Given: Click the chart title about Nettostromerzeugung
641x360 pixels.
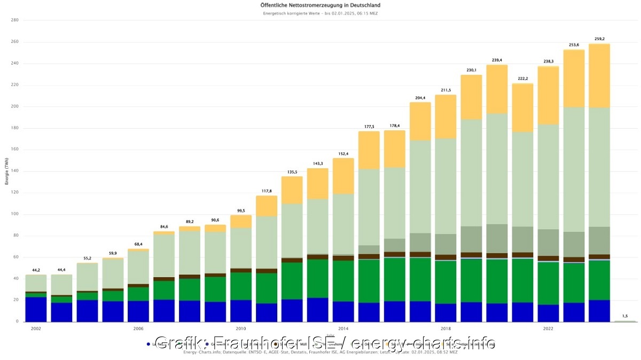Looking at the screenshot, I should coord(320,5).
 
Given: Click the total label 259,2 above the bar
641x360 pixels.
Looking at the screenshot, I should coord(599,39).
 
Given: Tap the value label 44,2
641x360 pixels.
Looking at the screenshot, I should coord(36,270).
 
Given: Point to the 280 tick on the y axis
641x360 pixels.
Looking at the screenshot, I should coord(14,20).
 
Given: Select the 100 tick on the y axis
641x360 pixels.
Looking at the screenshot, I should coord(14,214).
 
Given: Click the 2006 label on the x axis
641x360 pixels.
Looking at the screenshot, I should coord(138,329).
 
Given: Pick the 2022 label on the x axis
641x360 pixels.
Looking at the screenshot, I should coord(548,329).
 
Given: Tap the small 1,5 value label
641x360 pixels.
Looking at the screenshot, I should coord(625,316).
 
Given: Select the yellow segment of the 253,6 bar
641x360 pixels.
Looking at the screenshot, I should coord(574,79).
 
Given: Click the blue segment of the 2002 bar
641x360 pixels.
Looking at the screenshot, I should coord(36,309).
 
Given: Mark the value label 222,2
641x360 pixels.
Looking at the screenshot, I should coord(522,79).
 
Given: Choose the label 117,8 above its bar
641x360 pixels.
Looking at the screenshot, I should coord(267,191).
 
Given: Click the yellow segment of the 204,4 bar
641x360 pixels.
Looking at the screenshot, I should coord(420,121).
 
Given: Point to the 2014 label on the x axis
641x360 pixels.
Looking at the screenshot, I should coord(343,329).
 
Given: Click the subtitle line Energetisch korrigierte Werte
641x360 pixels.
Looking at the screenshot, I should coord(320,13).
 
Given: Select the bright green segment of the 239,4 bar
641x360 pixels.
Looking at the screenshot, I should coord(497,281).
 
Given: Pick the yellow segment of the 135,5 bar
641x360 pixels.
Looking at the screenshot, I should coord(292,190).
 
